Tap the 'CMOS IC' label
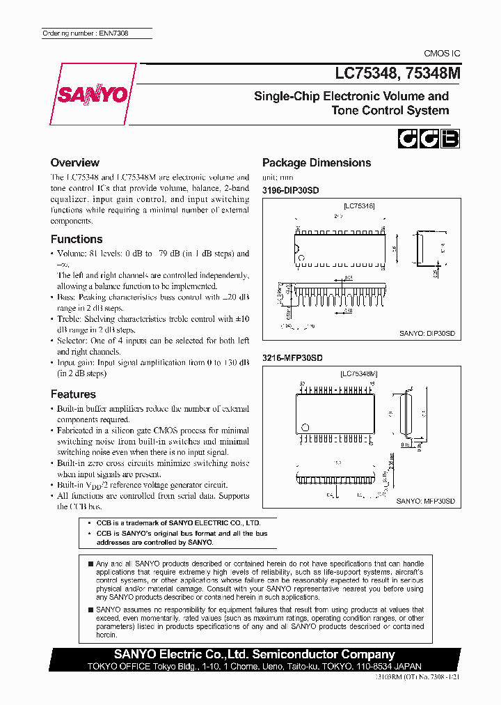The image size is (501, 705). pos(442,54)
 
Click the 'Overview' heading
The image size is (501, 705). pos(75,163)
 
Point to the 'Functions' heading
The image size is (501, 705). pos(77,239)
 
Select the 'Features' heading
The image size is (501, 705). pos(73,394)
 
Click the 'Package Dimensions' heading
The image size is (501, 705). pos(317,163)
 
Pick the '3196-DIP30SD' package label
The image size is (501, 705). pos(290,190)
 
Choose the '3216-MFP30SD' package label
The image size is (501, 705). pos(292,357)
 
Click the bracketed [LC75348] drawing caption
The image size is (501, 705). pos(359,206)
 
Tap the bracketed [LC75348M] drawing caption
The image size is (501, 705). pos(359,374)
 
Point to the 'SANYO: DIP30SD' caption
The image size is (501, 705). pos(427,334)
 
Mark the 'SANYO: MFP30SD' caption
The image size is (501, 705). pos(425,501)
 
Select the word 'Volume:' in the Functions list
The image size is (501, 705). pos(72,254)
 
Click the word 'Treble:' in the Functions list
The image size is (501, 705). pos(71,319)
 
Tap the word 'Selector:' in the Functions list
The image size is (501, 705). pos(74,341)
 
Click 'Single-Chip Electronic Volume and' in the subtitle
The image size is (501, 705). pos(351,96)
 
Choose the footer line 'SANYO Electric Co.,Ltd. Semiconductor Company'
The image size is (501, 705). pos(254,654)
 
